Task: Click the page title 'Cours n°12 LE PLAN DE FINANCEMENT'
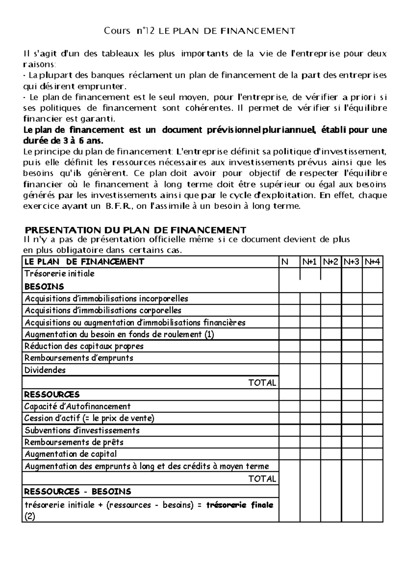pyautogui.click(x=199, y=31)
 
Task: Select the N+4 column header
pyautogui.click(x=372, y=262)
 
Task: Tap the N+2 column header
pyautogui.click(x=330, y=262)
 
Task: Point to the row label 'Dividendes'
pyautogui.click(x=45, y=370)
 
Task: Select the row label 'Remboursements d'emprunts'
pyautogui.click(x=79, y=358)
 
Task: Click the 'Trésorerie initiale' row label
pyautogui.click(x=59, y=274)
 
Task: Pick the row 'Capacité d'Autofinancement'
pyautogui.click(x=78, y=407)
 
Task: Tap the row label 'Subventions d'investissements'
pyautogui.click(x=82, y=431)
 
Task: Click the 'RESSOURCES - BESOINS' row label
pyautogui.click(x=78, y=492)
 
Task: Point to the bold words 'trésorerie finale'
pyautogui.click(x=240, y=505)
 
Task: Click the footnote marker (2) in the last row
pyautogui.click(x=30, y=516)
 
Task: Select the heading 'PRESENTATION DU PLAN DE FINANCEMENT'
pyautogui.click(x=136, y=230)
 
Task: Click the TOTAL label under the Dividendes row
pyautogui.click(x=262, y=383)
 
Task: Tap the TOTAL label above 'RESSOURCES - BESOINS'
pyautogui.click(x=262, y=479)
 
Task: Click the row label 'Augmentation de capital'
pyautogui.click(x=71, y=454)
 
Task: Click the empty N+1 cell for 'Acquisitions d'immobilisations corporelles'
pyautogui.click(x=310, y=310)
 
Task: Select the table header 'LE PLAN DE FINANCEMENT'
pyautogui.click(x=84, y=262)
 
